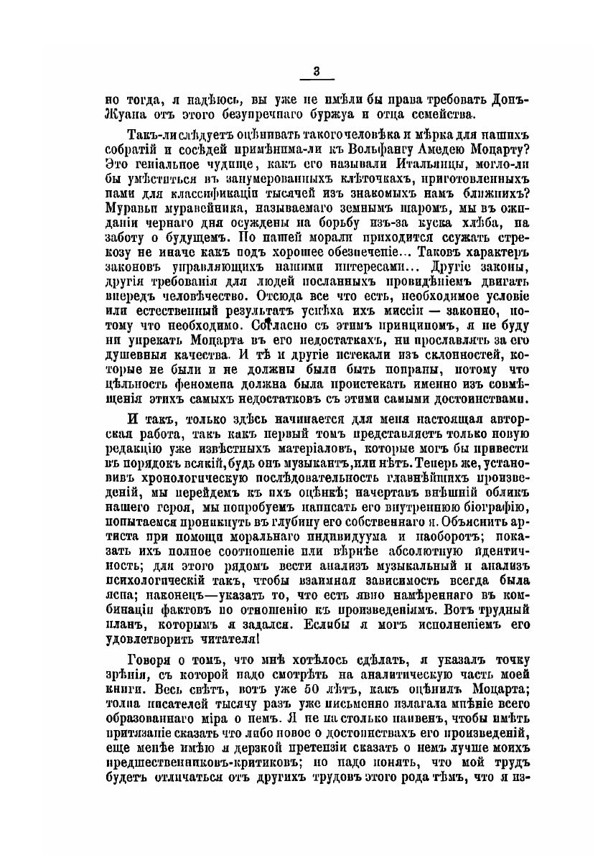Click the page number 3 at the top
pyautogui.click(x=317, y=70)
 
